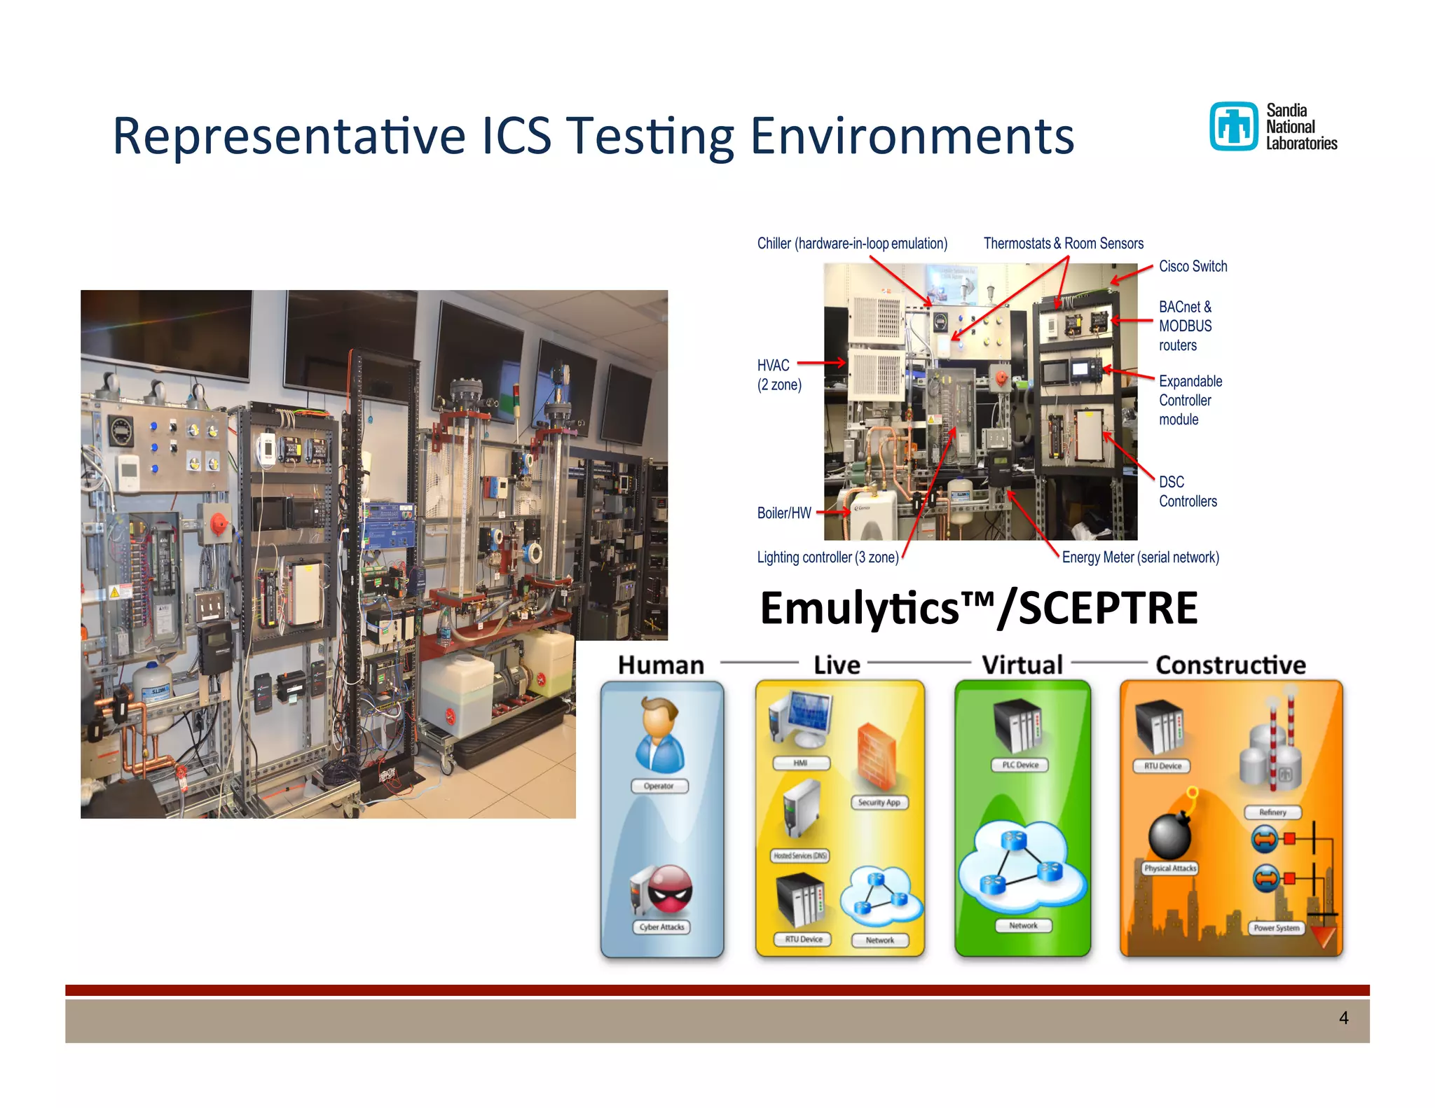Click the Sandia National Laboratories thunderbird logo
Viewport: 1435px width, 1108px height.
pos(1233,127)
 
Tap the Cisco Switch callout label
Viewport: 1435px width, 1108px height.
pos(1193,267)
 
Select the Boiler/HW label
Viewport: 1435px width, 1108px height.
pos(783,513)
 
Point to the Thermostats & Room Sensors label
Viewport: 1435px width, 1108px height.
pos(1063,244)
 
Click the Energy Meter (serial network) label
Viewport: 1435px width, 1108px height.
pos(1140,558)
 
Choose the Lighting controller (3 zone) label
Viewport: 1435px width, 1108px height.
pos(828,558)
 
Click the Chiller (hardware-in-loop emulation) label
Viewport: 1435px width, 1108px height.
pos(852,244)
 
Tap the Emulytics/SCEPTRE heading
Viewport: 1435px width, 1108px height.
pos(978,608)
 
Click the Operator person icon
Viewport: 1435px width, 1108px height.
pos(659,735)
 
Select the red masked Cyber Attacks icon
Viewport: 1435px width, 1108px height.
pos(668,890)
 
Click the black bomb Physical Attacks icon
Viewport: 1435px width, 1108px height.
pos(1169,833)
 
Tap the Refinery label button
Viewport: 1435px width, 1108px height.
pos(1272,812)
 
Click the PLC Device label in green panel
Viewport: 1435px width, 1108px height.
pos(1020,765)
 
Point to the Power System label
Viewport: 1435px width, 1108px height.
pos(1277,928)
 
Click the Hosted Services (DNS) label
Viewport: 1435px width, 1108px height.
pos(800,856)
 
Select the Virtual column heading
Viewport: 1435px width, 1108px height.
pos(1022,665)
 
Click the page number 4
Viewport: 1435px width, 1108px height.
pos(1343,1018)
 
